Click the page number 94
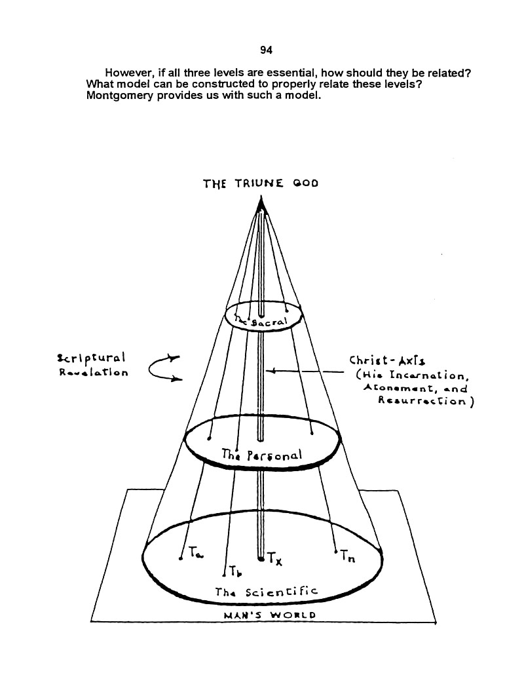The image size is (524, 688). [x=266, y=50]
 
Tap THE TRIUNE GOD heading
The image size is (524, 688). [x=261, y=183]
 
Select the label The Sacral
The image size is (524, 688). [x=261, y=322]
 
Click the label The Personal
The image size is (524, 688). [x=262, y=455]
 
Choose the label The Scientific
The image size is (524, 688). [x=266, y=592]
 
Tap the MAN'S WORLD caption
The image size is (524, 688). [x=269, y=615]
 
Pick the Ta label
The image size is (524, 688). [x=196, y=552]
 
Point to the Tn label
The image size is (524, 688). [x=348, y=557]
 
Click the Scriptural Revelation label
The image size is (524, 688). [x=92, y=365]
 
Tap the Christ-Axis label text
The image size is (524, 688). [x=387, y=360]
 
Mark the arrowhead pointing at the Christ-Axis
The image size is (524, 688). [x=272, y=372]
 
